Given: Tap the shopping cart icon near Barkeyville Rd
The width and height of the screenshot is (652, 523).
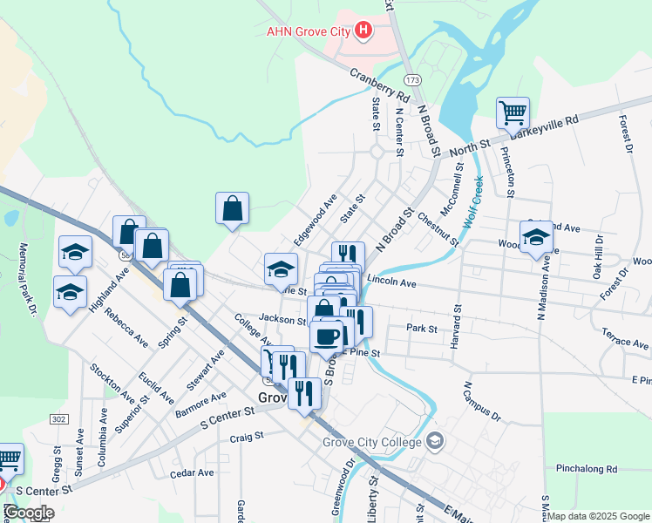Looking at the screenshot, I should click(x=513, y=112).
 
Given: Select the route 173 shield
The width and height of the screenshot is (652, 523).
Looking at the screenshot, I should click(x=412, y=79).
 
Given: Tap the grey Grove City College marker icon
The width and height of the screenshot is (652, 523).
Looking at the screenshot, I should click(x=435, y=442).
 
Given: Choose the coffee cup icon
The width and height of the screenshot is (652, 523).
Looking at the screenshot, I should click(x=327, y=336).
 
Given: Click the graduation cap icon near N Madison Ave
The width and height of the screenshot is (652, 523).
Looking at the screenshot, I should click(x=536, y=237).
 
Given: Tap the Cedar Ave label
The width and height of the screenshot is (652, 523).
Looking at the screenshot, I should click(x=193, y=473).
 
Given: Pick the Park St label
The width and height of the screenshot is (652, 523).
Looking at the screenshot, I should click(x=421, y=329).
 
